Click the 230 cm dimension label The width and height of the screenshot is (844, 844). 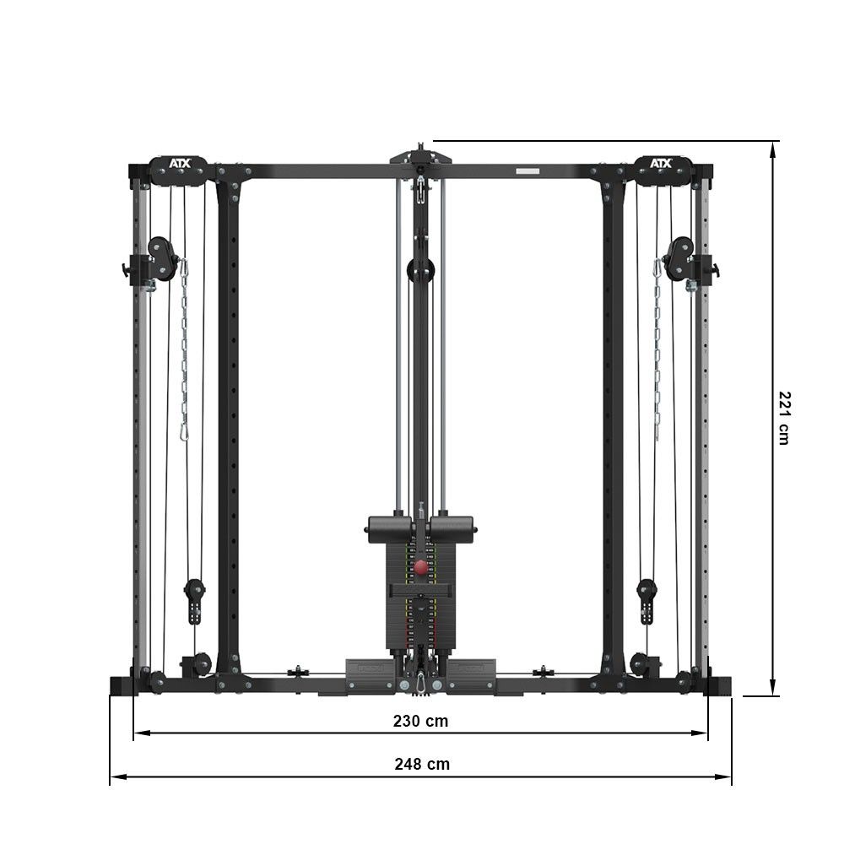pyautogui.click(x=420, y=721)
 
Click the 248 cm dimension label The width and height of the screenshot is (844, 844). pyautogui.click(x=422, y=764)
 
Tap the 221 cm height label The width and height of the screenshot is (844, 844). pyautogui.click(x=785, y=418)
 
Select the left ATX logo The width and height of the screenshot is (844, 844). pyautogui.click(x=180, y=163)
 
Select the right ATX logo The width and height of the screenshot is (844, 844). pyautogui.click(x=661, y=163)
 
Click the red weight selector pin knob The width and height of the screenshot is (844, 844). pyautogui.click(x=420, y=566)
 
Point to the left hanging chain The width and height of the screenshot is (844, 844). pyautogui.click(x=184, y=350)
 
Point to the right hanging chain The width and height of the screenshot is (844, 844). pyautogui.click(x=657, y=350)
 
